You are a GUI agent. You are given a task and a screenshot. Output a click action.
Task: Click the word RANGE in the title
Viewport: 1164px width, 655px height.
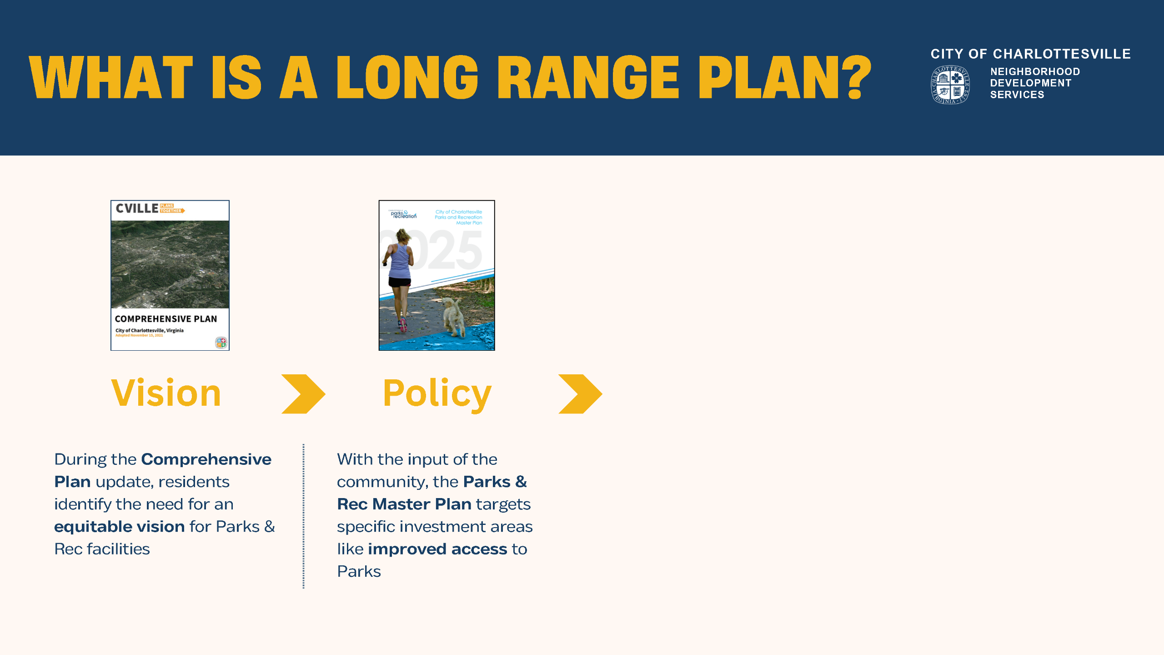(588, 77)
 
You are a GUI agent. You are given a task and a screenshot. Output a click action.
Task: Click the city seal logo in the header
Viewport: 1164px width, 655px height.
(950, 85)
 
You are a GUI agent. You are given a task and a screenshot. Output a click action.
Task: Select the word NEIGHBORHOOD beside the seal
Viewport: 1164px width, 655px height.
(1035, 71)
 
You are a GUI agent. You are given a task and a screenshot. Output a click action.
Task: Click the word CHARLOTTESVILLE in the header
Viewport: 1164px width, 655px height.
(1061, 54)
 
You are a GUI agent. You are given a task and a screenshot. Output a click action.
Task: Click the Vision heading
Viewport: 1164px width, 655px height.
(166, 393)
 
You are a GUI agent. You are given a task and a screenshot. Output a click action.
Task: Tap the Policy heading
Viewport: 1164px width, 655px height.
(437, 394)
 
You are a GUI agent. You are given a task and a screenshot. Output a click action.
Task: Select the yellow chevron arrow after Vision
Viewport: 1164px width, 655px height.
(303, 394)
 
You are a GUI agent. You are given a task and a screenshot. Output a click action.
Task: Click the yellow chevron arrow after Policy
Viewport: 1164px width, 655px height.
(580, 394)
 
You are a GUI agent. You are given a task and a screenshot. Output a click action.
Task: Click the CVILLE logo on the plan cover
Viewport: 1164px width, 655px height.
(137, 208)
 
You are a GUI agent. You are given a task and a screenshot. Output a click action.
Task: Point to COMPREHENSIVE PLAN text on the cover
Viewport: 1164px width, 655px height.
(166, 319)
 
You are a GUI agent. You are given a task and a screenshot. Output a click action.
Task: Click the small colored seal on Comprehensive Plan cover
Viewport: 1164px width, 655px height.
(221, 343)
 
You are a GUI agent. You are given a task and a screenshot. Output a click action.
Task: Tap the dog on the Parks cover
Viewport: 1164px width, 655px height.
(453, 316)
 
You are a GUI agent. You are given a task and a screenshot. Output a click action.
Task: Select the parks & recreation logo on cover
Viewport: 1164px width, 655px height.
(403, 214)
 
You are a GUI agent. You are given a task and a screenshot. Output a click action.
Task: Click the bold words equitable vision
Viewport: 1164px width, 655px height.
(119, 527)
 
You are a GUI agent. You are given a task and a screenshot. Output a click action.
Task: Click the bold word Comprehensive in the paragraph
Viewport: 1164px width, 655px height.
(206, 459)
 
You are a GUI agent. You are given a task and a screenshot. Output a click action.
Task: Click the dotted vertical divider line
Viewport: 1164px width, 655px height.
(303, 516)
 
